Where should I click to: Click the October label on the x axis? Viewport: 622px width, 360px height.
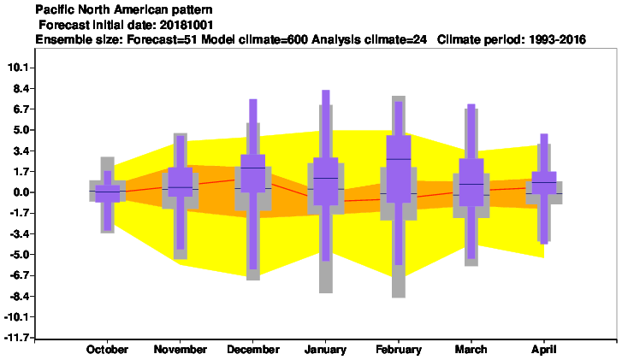(107, 350)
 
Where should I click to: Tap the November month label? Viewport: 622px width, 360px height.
(180, 350)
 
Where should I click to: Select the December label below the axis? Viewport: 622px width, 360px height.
(253, 350)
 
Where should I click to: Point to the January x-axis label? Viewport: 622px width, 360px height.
(325, 350)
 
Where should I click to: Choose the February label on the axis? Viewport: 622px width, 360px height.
(399, 350)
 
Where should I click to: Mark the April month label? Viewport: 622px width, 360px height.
(544, 350)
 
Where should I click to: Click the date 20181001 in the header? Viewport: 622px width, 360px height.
(187, 26)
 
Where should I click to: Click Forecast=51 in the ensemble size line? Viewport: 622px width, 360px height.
(163, 39)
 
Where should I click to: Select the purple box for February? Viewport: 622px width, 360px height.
(399, 169)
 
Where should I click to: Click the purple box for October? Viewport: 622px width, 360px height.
(107, 194)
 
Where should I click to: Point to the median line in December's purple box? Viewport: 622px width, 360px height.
(253, 168)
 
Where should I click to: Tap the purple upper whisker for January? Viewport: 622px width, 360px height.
(326, 124)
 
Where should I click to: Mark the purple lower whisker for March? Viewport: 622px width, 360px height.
(471, 233)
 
